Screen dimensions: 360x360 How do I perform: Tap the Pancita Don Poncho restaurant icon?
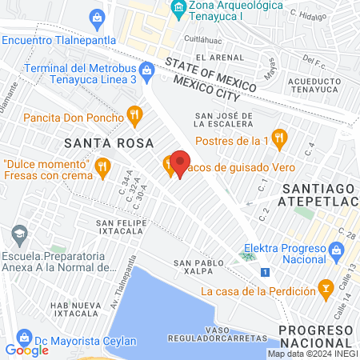(134, 116)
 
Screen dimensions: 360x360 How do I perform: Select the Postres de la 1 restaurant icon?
(278, 139)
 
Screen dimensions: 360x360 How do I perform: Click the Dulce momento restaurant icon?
(102, 167)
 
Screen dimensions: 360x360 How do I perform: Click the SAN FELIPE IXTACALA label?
(122, 226)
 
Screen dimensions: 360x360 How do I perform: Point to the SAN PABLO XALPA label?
(194, 267)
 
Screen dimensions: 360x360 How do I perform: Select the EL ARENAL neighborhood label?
(223, 58)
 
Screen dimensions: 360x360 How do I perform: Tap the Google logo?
(26, 349)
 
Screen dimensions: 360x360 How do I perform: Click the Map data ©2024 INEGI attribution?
(312, 354)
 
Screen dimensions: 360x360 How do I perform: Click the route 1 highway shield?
(264, 274)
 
